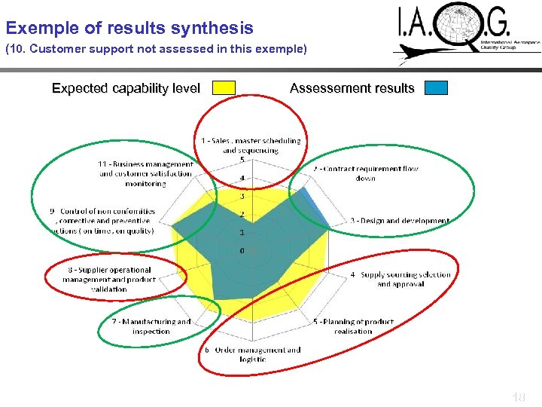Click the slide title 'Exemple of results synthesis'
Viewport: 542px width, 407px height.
[129, 29]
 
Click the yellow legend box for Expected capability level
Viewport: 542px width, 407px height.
[224, 88]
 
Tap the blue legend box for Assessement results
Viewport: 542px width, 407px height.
[436, 88]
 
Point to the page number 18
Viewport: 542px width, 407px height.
[518, 396]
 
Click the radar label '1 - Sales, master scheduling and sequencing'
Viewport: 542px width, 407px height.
[251, 145]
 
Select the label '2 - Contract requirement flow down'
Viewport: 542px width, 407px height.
[366, 173]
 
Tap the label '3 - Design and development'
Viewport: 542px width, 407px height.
[399, 221]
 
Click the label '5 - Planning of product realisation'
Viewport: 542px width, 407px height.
[353, 326]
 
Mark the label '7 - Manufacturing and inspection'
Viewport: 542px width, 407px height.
[151, 326]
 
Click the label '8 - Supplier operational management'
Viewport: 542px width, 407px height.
[109, 279]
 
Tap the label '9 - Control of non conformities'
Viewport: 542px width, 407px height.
[104, 221]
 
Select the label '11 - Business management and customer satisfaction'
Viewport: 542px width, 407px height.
[146, 173]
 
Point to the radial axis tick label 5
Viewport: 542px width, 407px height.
[242, 160]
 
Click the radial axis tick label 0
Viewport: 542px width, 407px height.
[242, 250]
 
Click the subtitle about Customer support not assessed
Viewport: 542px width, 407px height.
[157, 50]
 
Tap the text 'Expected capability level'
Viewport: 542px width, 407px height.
[126, 88]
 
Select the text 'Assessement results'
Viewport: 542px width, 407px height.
[352, 88]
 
